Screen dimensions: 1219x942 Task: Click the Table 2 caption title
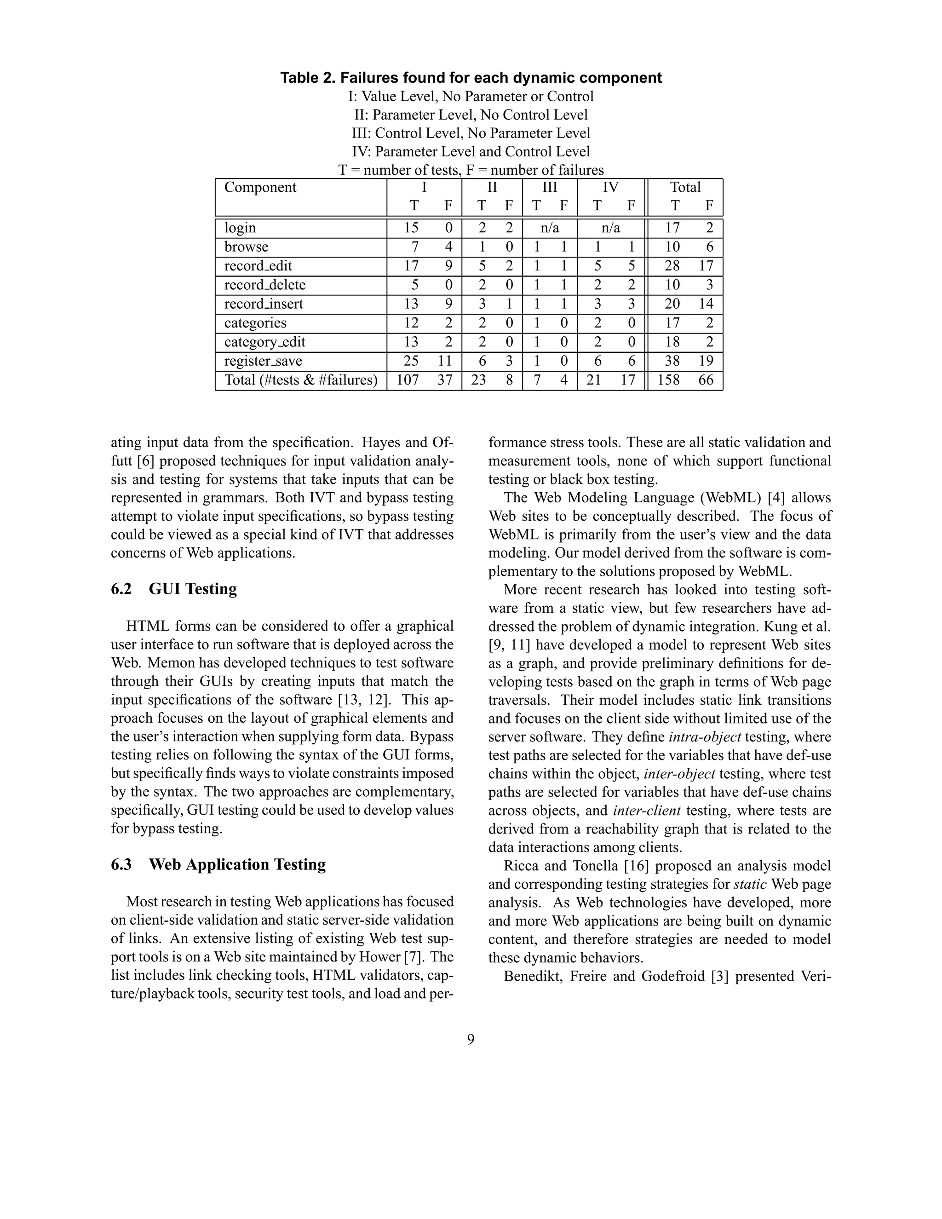471,78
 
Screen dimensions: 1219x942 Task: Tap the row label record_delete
264,285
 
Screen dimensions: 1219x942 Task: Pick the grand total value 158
668,380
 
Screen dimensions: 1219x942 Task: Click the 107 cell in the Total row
408,380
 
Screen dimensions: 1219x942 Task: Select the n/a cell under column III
550,228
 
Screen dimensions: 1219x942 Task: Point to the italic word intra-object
705,737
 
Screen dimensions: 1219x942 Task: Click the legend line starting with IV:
471,151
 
